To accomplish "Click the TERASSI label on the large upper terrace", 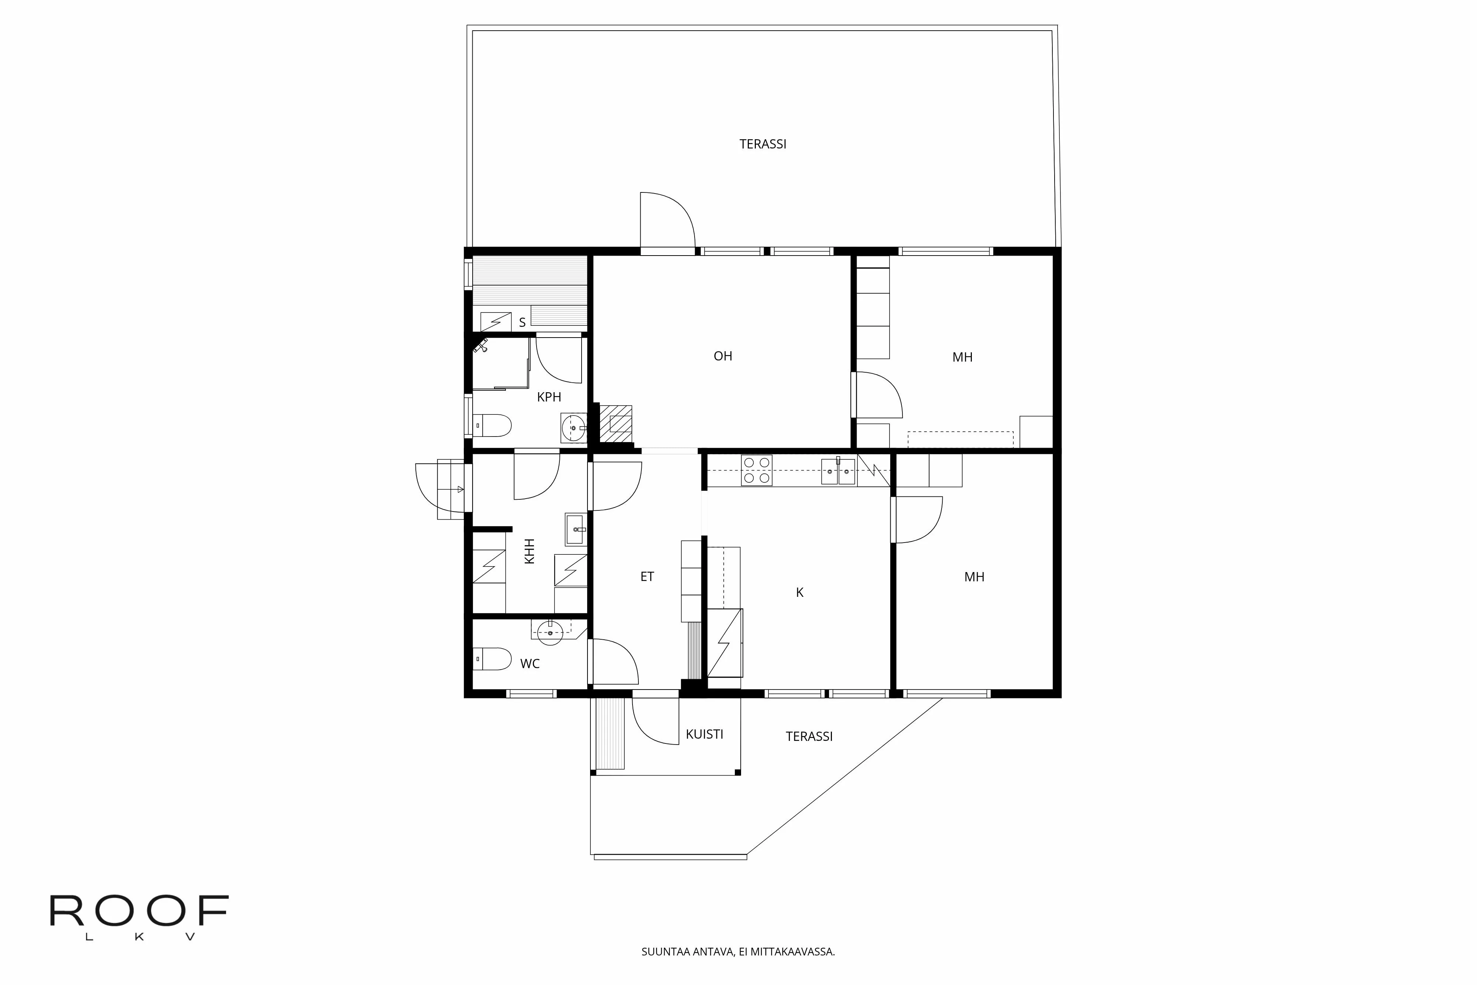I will point(763,144).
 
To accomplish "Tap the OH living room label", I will point(723,356).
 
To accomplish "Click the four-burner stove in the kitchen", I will point(756,470).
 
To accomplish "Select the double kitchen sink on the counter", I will point(838,471).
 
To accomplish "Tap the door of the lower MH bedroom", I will point(917,520).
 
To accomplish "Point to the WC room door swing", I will point(614,661).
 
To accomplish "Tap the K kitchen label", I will point(799,592).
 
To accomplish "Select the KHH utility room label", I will point(530,551).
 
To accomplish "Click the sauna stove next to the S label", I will point(496,322).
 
